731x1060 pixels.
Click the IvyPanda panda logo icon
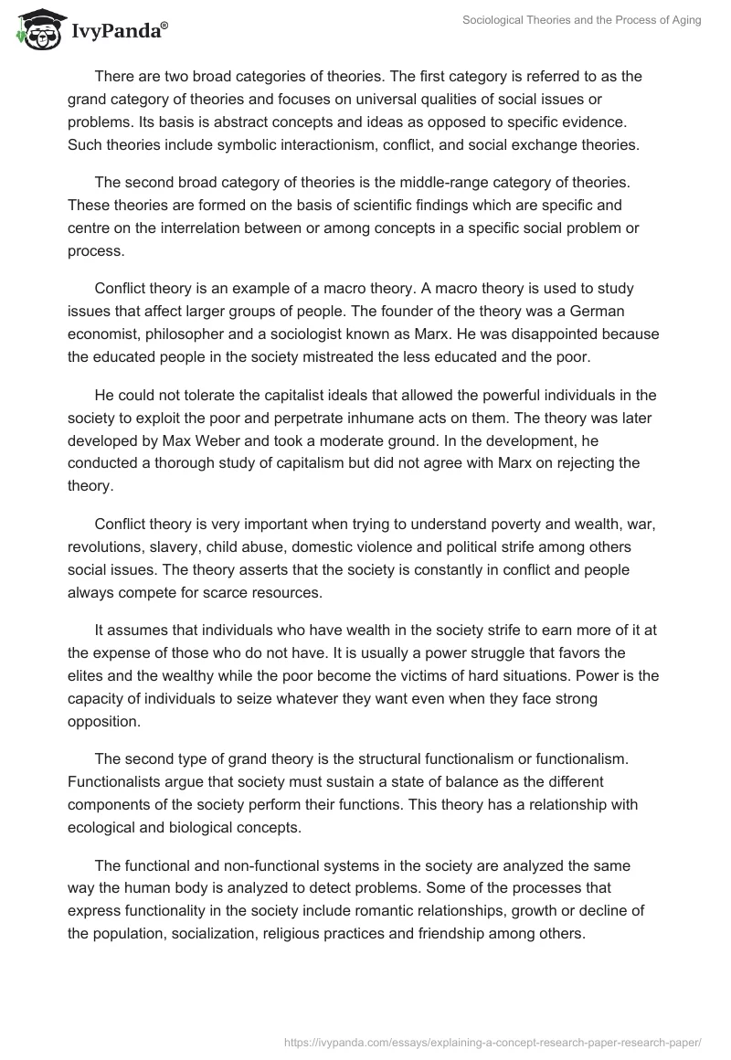[x=37, y=31]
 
